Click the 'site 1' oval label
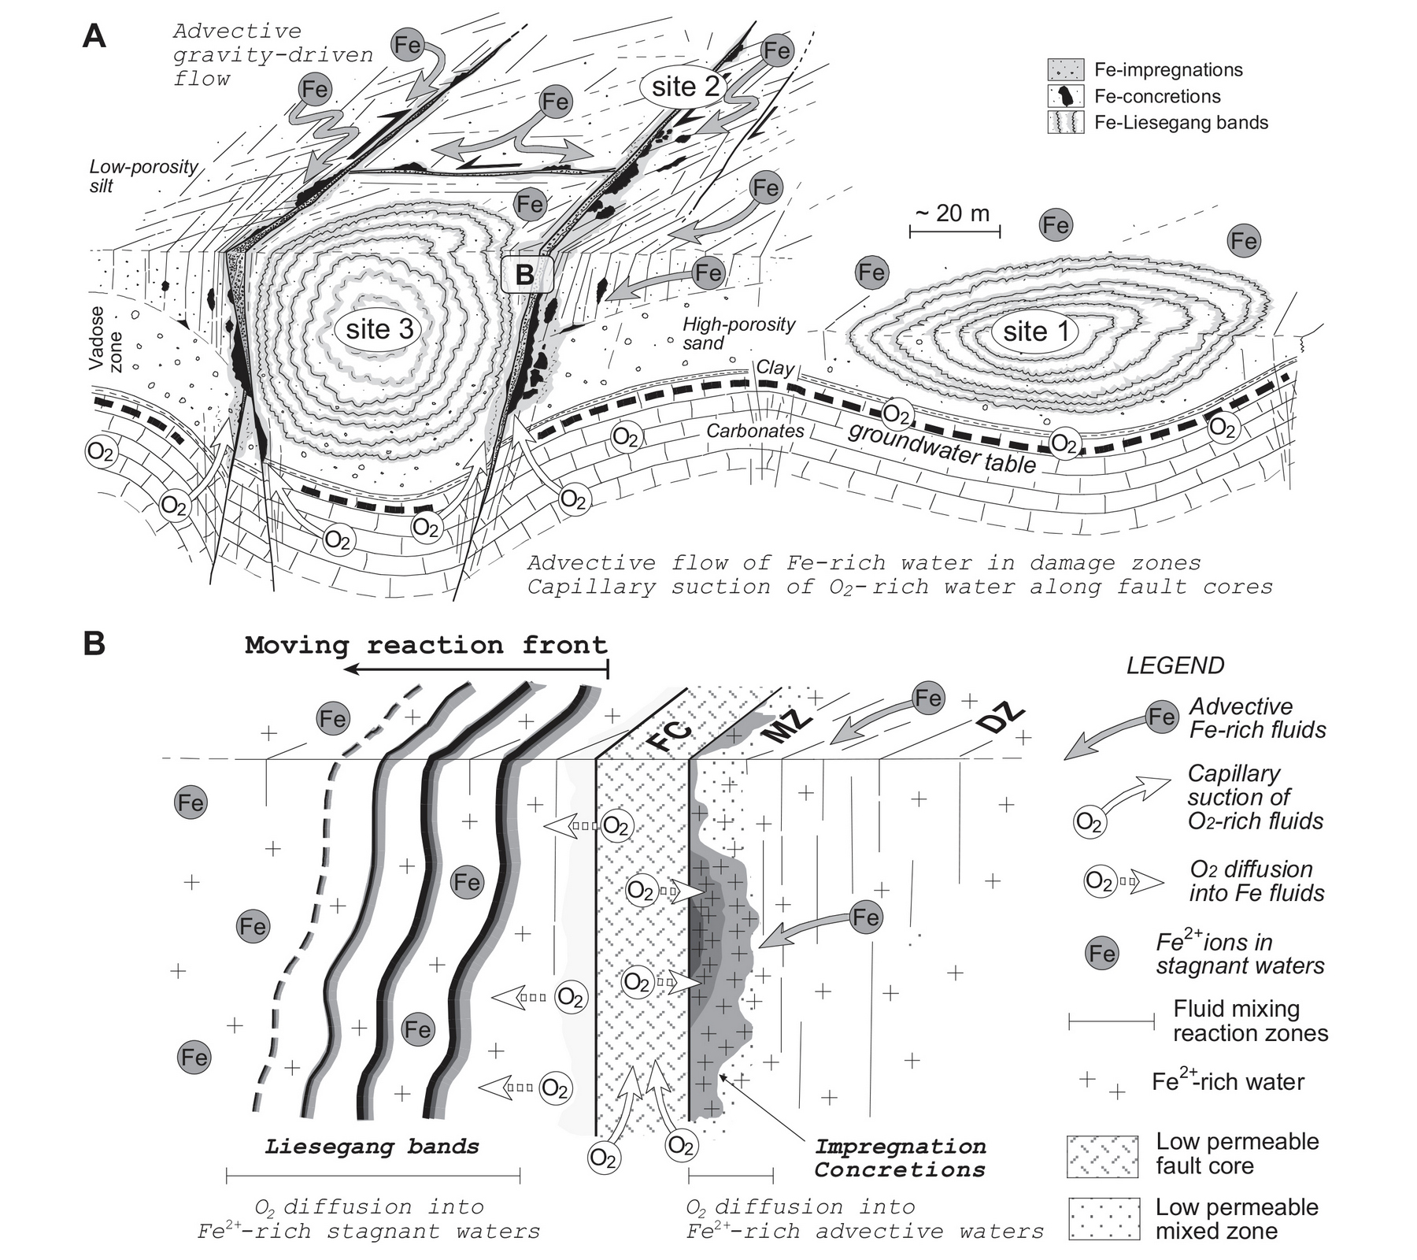1037,332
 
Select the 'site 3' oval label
379,328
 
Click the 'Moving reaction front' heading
426,645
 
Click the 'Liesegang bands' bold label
372,1146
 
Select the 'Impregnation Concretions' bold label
900,1158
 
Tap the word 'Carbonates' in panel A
755,431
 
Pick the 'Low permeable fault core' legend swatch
1103,1156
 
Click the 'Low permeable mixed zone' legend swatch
1103,1219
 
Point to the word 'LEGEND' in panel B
1175,665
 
